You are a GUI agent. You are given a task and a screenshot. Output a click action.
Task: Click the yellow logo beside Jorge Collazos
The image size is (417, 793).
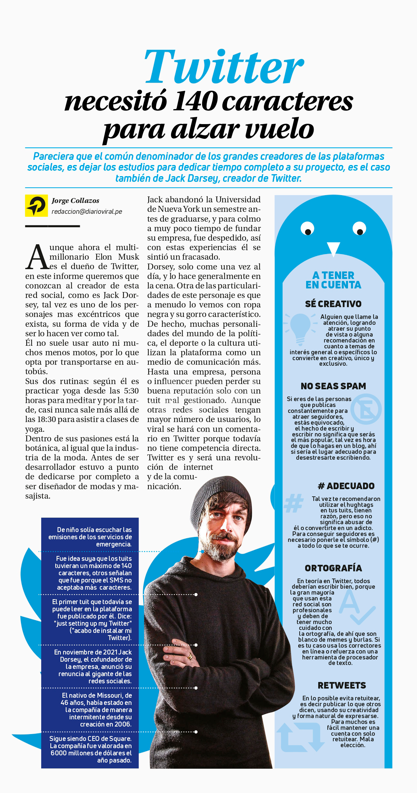35,206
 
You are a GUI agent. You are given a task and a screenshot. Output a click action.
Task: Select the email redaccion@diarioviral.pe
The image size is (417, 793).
87,212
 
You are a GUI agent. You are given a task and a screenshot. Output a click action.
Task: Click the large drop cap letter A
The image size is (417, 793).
37,257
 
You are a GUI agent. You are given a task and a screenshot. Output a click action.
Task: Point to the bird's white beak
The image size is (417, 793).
333,249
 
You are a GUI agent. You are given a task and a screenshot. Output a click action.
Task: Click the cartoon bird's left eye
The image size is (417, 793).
307,228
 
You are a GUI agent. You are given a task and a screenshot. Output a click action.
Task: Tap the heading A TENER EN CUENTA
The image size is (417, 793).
333,280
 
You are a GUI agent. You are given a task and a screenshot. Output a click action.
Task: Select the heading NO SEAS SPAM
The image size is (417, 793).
333,386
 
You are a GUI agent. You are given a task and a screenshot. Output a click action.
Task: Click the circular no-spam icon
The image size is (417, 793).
366,409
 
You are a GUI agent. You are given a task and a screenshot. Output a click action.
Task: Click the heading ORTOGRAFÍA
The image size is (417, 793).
333,568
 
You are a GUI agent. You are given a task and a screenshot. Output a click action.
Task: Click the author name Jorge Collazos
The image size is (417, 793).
75,201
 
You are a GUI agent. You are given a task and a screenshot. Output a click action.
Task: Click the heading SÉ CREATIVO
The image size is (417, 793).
333,304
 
